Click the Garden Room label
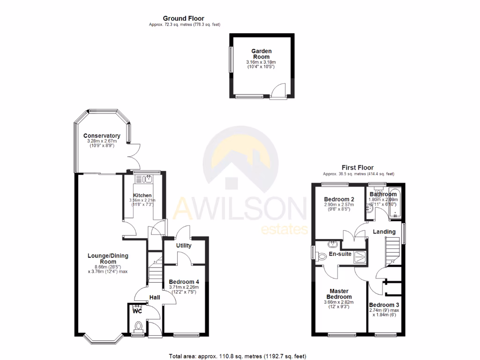261,54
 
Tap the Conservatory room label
102,136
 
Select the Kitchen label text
142,195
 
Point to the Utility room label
183,245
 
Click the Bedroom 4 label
184,282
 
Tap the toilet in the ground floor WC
139,326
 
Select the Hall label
154,297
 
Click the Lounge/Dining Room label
108,259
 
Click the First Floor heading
357,167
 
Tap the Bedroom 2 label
339,199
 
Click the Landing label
384,232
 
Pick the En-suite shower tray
359,256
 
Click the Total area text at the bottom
238,356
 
